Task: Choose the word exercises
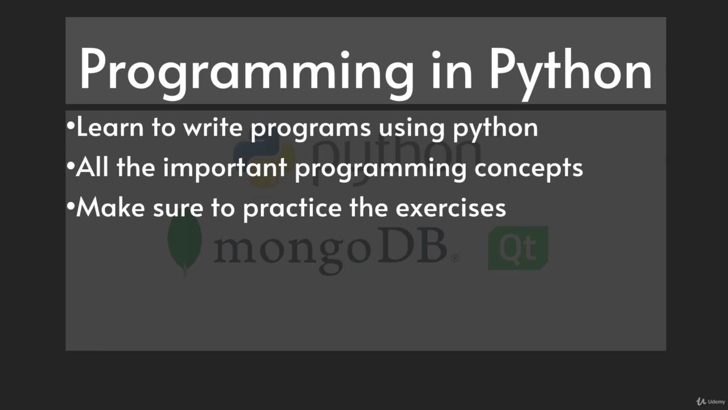click(x=450, y=208)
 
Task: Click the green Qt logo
click(x=518, y=248)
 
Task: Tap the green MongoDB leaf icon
click(x=184, y=246)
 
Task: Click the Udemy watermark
click(x=712, y=401)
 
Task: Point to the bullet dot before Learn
click(x=71, y=126)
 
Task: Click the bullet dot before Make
click(x=71, y=207)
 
